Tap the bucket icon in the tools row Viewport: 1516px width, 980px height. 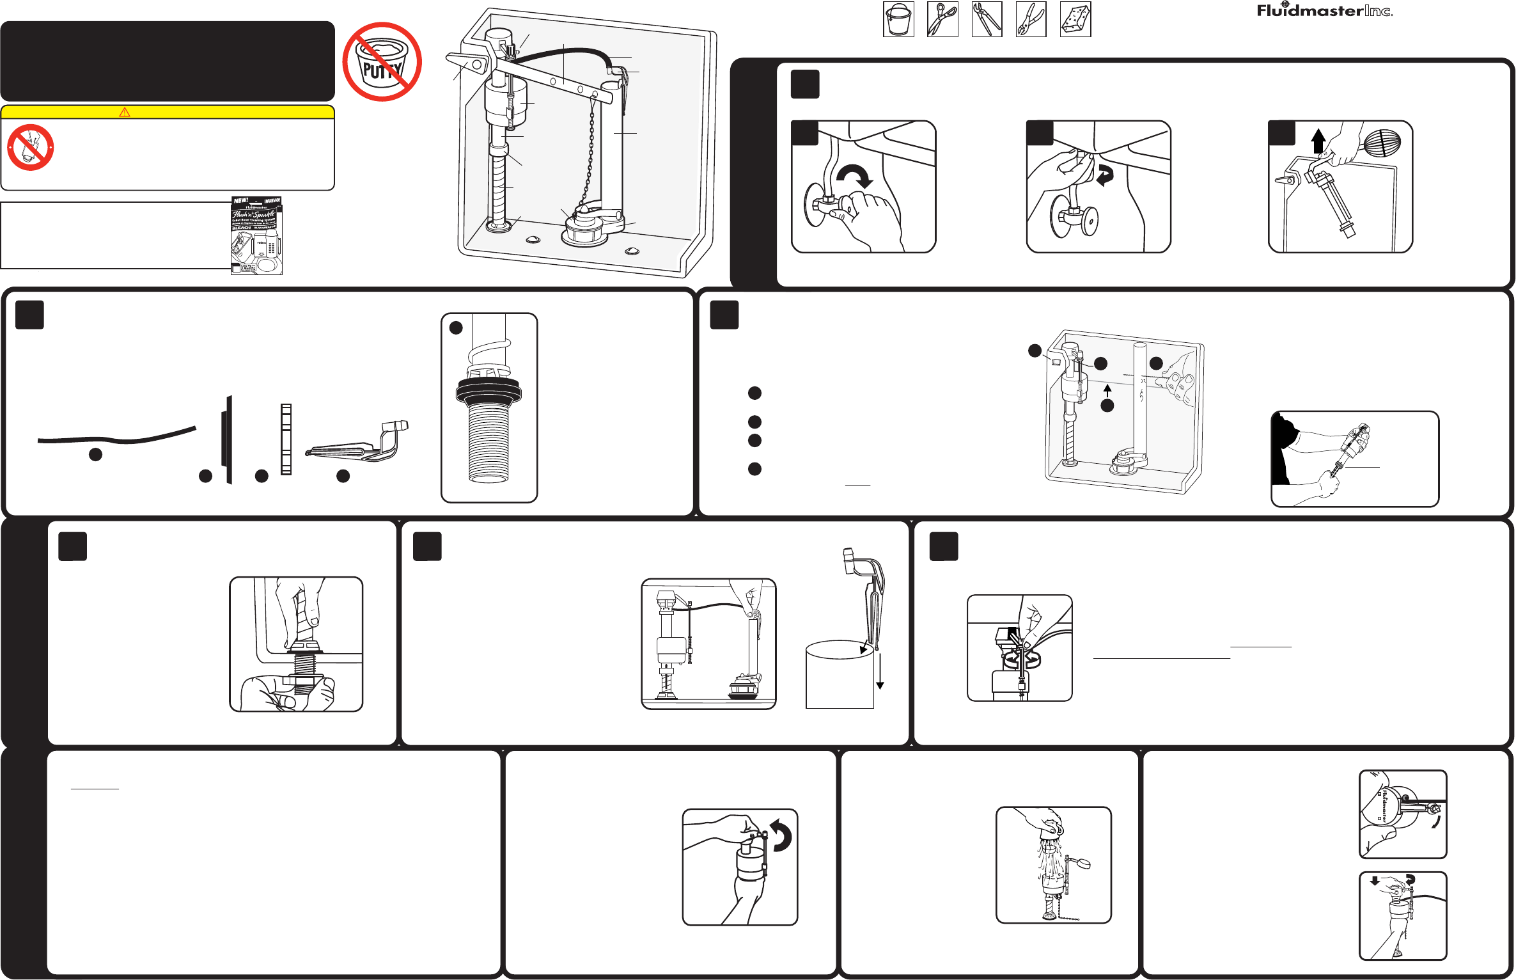pyautogui.click(x=898, y=19)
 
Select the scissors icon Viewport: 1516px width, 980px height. pyautogui.click(x=942, y=19)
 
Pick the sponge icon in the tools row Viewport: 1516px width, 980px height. pyautogui.click(x=1075, y=19)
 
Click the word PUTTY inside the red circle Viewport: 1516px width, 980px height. pyautogui.click(x=382, y=70)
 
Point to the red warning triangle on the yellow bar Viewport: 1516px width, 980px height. pyautogui.click(x=125, y=112)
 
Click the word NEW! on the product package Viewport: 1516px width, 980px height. pyautogui.click(x=241, y=201)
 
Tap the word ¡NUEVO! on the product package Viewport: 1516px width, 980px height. pyautogui.click(x=272, y=201)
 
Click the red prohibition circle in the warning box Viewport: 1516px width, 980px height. pyautogui.click(x=30, y=148)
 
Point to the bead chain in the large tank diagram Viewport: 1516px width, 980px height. pyautogui.click(x=590, y=154)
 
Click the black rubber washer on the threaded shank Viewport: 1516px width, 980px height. pyautogui.click(x=489, y=391)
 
